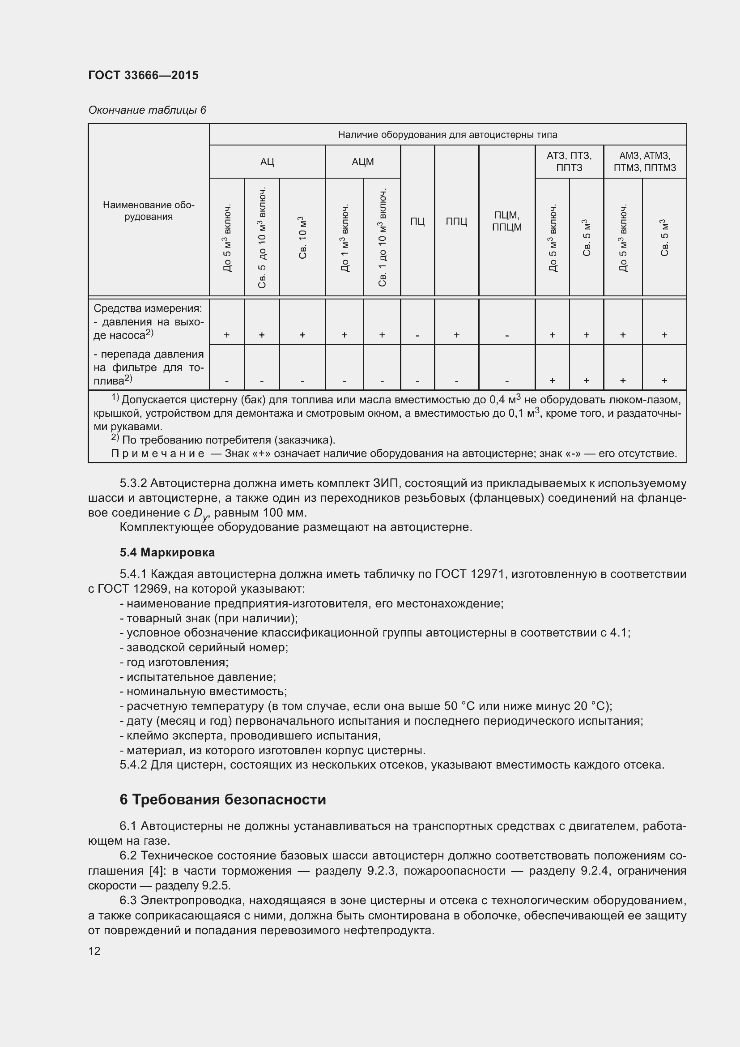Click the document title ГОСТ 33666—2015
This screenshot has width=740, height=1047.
[x=143, y=75]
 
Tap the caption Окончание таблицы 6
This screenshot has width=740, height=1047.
[x=147, y=110]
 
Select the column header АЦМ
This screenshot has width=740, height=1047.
[x=363, y=162]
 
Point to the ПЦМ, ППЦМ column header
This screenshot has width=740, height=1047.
[x=507, y=221]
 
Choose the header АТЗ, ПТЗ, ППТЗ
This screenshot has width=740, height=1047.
[x=569, y=162]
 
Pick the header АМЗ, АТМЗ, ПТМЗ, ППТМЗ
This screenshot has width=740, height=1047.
[x=645, y=162]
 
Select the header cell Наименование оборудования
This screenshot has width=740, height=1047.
[x=149, y=211]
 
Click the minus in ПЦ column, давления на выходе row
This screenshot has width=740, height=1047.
[x=417, y=335]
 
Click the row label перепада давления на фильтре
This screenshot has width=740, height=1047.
[x=149, y=368]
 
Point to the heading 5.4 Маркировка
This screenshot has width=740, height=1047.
[x=167, y=553]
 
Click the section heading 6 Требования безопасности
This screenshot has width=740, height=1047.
[x=223, y=800]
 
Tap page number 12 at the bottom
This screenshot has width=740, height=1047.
[x=94, y=951]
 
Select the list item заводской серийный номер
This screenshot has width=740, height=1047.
[x=204, y=648]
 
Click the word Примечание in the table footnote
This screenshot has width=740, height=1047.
[x=157, y=454]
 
